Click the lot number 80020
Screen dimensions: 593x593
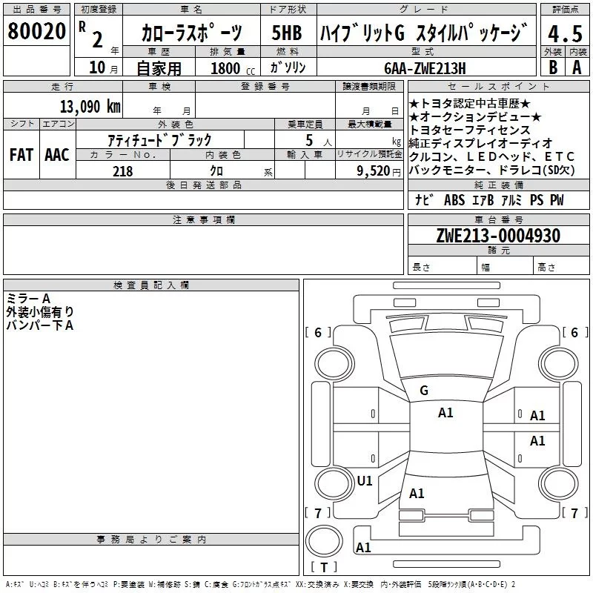point(36,31)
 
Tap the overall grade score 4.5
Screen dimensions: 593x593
point(565,33)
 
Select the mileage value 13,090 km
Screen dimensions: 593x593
point(90,107)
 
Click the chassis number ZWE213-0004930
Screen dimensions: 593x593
point(498,236)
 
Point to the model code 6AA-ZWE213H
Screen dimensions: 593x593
point(425,68)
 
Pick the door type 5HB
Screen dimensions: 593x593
point(287,33)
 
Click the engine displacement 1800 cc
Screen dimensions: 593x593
point(233,68)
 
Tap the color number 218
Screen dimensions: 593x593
point(122,171)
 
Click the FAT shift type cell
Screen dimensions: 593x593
point(21,155)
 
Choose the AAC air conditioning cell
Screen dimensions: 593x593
point(57,155)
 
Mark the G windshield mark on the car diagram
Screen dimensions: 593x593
point(424,391)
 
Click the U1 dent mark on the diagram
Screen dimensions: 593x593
point(365,480)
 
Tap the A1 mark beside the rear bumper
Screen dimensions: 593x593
point(363,547)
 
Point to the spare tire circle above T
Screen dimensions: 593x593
point(324,541)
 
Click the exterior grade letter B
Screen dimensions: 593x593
point(553,67)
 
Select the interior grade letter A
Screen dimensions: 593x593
point(577,67)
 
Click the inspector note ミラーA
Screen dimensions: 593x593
point(28,299)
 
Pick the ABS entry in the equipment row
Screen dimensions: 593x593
point(454,200)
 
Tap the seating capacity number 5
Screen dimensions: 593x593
point(309,140)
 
